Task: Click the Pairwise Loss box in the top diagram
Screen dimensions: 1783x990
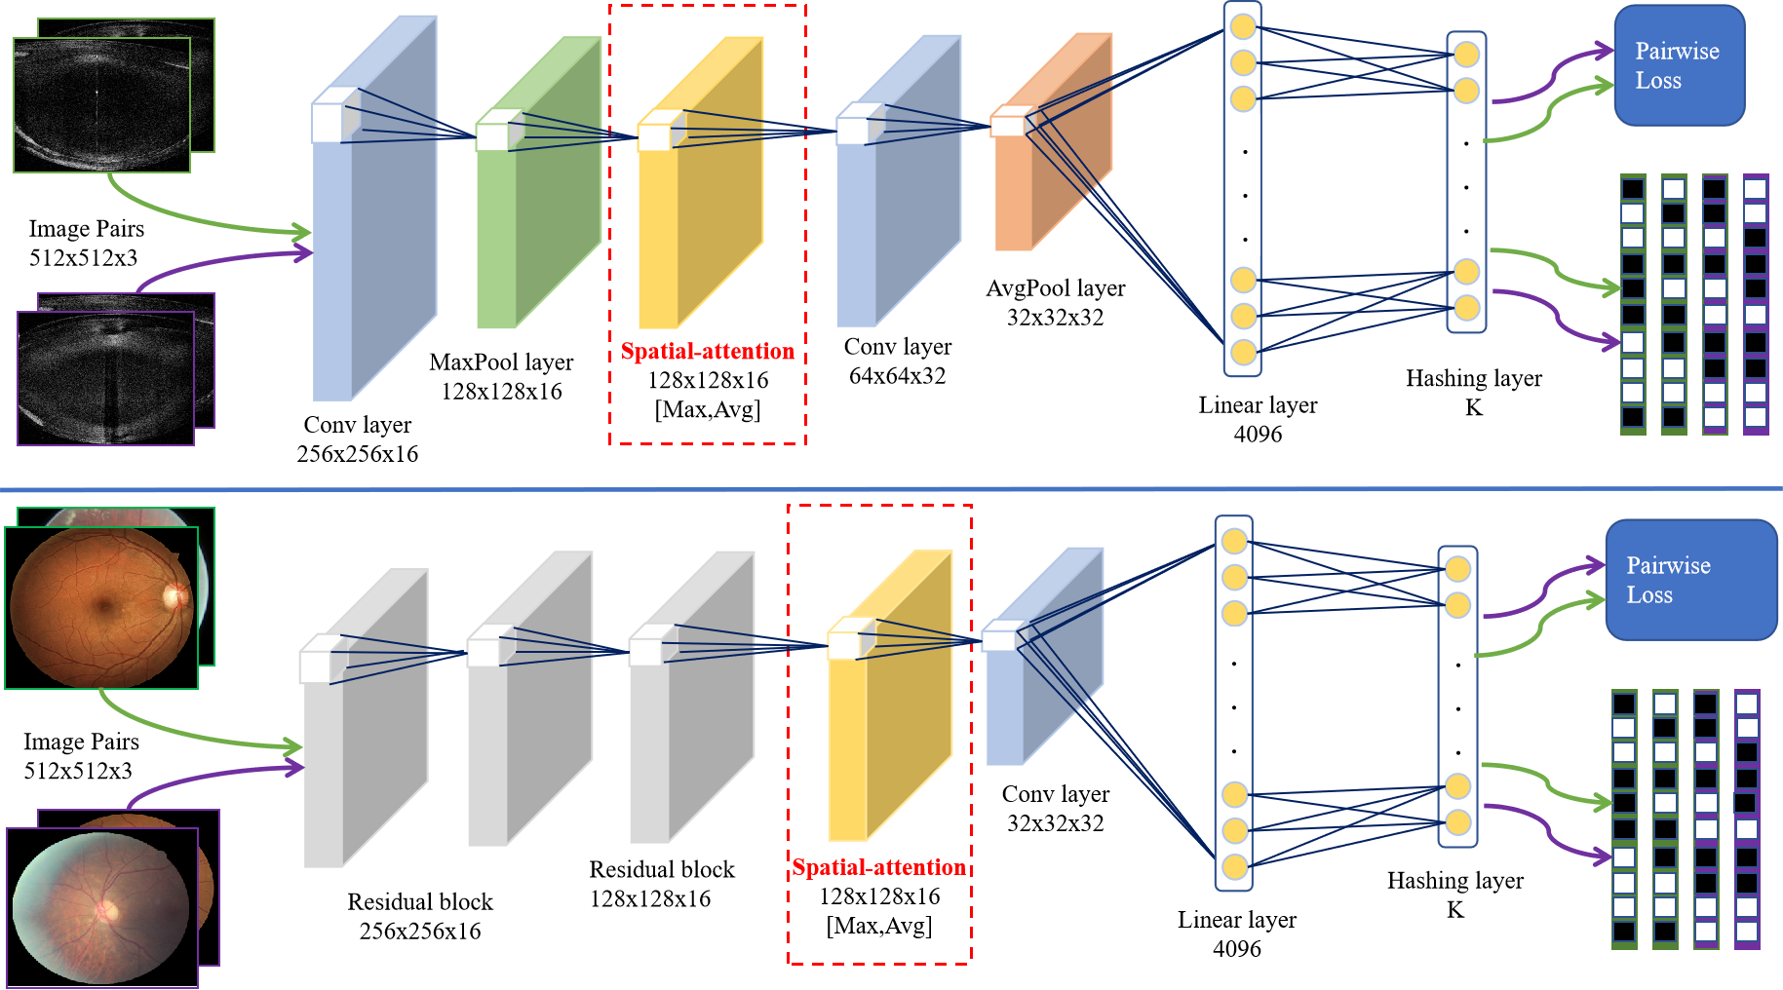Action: [1679, 65]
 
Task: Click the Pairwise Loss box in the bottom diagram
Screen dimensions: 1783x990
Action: [1691, 580]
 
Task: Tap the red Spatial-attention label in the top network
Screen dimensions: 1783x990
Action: [708, 351]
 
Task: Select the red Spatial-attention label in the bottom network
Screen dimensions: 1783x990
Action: [879, 867]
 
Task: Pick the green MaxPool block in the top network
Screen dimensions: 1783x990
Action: [538, 182]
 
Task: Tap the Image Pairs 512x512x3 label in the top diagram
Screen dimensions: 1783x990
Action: [86, 243]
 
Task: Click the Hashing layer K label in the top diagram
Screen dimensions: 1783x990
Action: [1474, 392]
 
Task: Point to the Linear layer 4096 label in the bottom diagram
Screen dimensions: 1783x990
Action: [1237, 933]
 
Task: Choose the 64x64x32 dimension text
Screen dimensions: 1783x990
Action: [898, 375]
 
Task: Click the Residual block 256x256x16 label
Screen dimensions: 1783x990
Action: [420, 916]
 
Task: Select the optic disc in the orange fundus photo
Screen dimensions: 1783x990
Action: [175, 594]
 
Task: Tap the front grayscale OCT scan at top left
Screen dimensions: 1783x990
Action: [101, 105]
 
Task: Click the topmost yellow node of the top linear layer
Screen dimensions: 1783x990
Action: [1243, 26]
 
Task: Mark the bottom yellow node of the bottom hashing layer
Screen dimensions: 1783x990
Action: [1458, 822]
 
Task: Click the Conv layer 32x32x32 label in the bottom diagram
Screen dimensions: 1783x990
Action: [1056, 808]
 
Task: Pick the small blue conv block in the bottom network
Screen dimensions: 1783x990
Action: [1044, 656]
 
